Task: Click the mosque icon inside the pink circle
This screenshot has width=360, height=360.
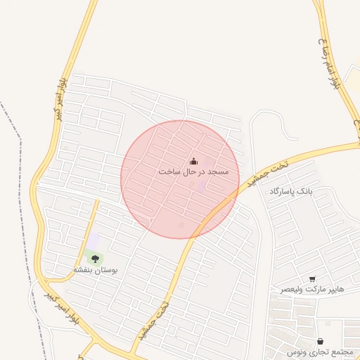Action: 193,162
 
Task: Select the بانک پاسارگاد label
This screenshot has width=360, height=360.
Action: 289,191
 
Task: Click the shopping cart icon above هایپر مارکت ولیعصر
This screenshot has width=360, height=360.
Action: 311,279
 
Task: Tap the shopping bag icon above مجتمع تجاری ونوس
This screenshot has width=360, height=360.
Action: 320,341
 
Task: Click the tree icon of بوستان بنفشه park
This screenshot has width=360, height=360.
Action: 94,259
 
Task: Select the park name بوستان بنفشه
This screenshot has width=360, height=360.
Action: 96,269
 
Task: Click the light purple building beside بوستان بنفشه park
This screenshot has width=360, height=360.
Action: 92,241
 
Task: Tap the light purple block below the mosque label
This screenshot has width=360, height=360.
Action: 201,186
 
